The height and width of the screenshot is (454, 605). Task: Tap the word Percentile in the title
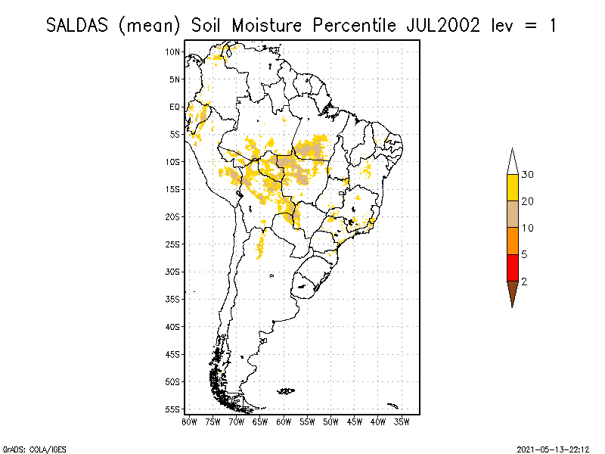351,25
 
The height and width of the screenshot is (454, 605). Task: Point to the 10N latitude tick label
172,51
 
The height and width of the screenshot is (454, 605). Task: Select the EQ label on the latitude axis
175,107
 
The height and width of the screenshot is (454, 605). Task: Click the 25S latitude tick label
172,244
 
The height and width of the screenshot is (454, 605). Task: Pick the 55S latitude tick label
172,409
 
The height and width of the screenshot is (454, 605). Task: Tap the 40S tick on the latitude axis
172,326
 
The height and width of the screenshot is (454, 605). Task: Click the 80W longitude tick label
189,421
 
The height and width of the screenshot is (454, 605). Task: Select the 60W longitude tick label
284,421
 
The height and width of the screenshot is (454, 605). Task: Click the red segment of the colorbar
512,267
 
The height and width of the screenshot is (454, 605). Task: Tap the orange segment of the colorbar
512,241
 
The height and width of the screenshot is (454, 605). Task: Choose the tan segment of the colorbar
512,214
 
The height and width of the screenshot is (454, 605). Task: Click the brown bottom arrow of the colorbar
512,291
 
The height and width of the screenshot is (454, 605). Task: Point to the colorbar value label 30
528,175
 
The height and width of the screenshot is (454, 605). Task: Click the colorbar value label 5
524,254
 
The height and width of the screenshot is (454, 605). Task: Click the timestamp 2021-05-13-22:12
553,448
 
